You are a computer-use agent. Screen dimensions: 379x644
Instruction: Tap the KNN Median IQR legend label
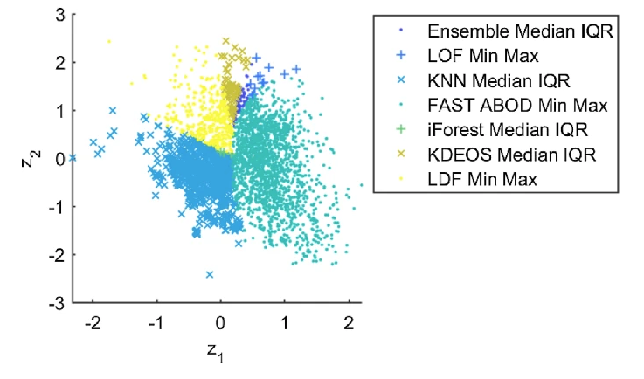pyautogui.click(x=499, y=81)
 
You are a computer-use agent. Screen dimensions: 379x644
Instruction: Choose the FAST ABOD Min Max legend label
pyautogui.click(x=517, y=106)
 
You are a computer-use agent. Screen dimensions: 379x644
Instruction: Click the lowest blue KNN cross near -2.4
pyautogui.click(x=210, y=274)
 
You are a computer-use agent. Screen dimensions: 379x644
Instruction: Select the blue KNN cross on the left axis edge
pyautogui.click(x=73, y=158)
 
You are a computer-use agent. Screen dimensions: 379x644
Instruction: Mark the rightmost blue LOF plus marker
pyautogui.click(x=296, y=68)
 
